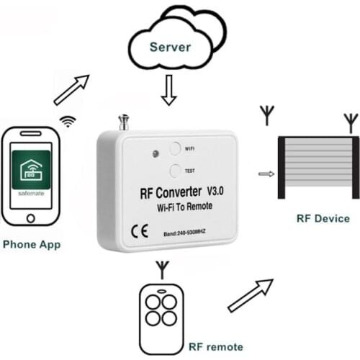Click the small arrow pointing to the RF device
266,174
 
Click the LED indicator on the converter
154,153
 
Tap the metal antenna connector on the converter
124,122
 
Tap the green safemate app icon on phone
30,171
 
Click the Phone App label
32,244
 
